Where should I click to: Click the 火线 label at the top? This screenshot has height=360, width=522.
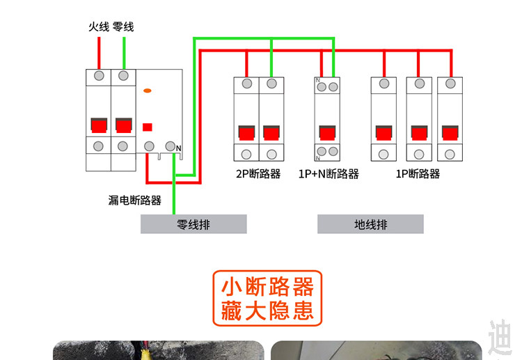[x=99, y=26]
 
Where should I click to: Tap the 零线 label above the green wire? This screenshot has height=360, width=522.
[x=123, y=26]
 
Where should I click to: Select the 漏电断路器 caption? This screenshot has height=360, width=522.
[x=135, y=200]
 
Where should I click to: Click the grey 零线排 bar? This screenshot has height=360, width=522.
[x=193, y=224]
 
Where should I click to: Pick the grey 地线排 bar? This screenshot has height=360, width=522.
[x=370, y=224]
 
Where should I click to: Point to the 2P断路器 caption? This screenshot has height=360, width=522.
[x=258, y=174]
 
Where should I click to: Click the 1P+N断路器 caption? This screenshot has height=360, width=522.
[x=329, y=174]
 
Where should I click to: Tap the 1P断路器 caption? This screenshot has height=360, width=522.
[x=418, y=174]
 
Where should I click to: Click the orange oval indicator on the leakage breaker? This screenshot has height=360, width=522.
[x=147, y=91]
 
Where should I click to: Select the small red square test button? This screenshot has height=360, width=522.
[x=148, y=127]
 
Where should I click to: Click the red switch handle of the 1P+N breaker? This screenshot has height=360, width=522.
[x=328, y=133]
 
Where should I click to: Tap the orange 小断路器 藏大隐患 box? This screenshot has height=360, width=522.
[x=267, y=298]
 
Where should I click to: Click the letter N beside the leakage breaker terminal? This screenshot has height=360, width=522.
[x=178, y=148]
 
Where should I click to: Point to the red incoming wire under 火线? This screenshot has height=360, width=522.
[x=99, y=53]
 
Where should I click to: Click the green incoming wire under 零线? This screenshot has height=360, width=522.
[x=124, y=53]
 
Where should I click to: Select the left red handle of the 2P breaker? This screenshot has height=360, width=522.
[x=246, y=133]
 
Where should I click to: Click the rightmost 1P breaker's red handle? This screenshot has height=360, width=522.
[x=450, y=133]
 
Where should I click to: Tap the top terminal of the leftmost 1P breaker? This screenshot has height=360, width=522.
[x=384, y=84]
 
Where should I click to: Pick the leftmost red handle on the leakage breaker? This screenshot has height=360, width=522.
[x=99, y=125]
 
